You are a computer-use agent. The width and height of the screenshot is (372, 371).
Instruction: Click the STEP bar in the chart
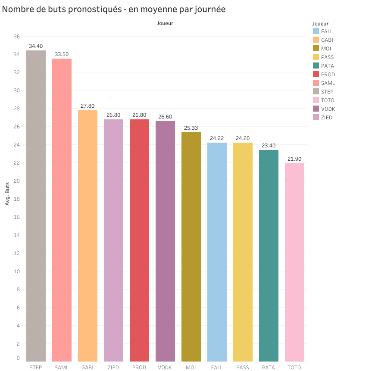(x=36, y=206)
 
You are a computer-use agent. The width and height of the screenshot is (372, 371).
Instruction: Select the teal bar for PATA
(x=269, y=256)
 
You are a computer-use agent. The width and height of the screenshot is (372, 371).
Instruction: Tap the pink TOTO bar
(x=294, y=262)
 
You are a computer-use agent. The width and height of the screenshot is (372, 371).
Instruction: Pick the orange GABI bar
(x=88, y=236)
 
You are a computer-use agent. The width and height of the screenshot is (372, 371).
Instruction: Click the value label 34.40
(x=36, y=46)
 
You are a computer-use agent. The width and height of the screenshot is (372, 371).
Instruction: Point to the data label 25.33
(x=191, y=128)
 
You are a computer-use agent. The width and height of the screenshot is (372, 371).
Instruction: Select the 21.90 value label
(x=294, y=159)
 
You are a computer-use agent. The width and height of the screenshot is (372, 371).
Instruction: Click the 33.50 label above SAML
(x=62, y=54)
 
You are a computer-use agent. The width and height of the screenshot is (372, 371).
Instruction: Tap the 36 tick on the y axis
(x=17, y=37)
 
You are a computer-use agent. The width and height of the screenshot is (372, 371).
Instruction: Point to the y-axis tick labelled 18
(x=17, y=199)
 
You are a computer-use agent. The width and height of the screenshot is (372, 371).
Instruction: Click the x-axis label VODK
(x=165, y=368)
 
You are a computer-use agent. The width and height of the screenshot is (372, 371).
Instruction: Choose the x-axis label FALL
(x=217, y=368)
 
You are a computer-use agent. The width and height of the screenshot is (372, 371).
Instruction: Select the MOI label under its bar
(x=191, y=368)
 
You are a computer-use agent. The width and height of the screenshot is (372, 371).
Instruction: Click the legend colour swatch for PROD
(x=316, y=75)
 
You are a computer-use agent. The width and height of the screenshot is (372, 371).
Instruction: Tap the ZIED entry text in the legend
(x=327, y=118)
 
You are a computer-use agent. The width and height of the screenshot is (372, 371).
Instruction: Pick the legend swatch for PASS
(x=316, y=57)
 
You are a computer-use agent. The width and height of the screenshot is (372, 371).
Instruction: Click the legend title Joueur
(x=320, y=24)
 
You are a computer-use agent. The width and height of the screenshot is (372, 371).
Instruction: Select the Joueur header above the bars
(x=165, y=23)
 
